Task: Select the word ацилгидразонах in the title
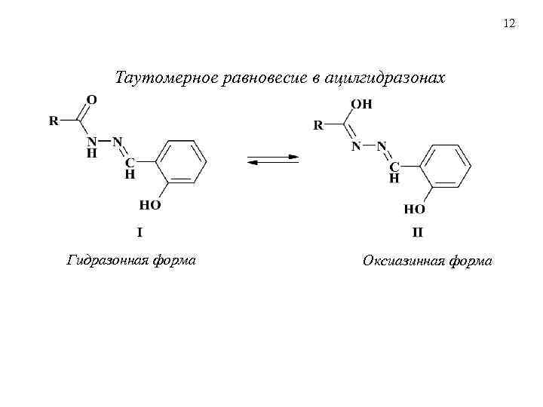point(384,78)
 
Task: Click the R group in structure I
point(54,121)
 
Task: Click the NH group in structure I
point(91,146)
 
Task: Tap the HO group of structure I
point(149,204)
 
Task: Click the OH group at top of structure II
point(363,104)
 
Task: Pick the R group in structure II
point(318,125)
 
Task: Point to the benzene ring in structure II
point(447,165)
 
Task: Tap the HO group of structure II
point(415,209)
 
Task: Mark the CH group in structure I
point(130,167)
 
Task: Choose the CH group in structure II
point(394,172)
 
